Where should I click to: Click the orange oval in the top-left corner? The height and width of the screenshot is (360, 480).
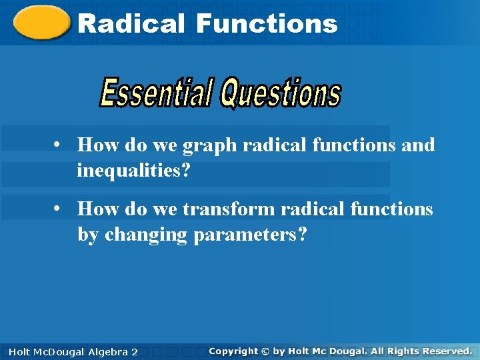41,23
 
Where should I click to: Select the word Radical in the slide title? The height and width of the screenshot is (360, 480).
131,24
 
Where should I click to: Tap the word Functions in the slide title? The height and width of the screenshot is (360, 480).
267,24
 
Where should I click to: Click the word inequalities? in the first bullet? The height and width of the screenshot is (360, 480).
133,171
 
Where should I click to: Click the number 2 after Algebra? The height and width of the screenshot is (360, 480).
135,351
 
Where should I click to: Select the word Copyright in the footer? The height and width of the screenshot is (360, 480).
233,351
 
